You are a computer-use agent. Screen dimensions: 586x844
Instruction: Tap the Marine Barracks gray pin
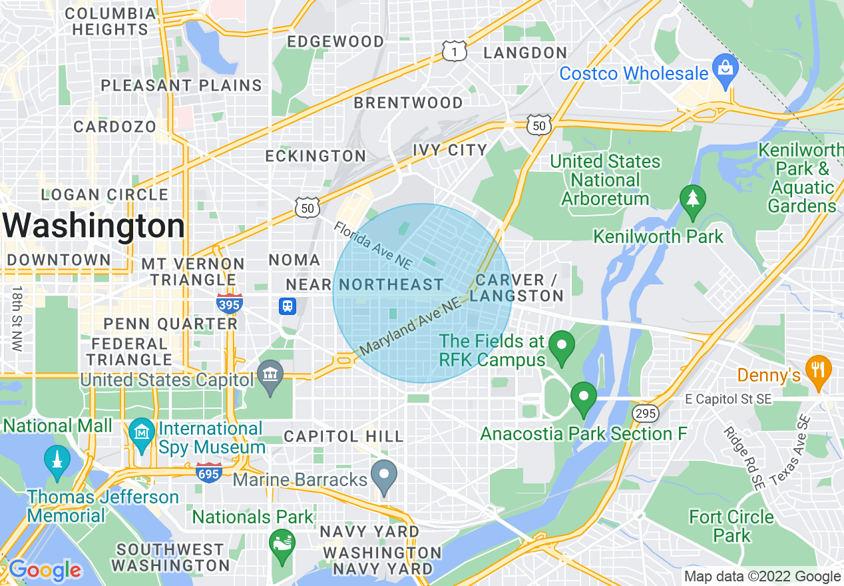pos(384,476)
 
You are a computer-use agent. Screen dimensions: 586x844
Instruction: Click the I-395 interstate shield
pos(229,304)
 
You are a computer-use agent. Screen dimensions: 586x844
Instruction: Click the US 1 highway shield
pos(454,51)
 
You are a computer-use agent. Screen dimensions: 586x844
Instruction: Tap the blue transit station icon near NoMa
pos(288,306)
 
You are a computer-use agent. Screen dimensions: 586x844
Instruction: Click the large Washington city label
pos(93,226)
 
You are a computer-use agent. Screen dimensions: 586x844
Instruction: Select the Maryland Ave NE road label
pos(410,327)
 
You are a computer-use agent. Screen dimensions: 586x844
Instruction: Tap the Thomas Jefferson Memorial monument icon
pos(57,460)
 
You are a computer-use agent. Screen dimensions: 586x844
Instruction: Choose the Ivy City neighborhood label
pos(449,150)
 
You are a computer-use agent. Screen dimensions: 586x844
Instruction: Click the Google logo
pos(45,570)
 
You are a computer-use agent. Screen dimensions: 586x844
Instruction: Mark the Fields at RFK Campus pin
pos(561,346)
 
